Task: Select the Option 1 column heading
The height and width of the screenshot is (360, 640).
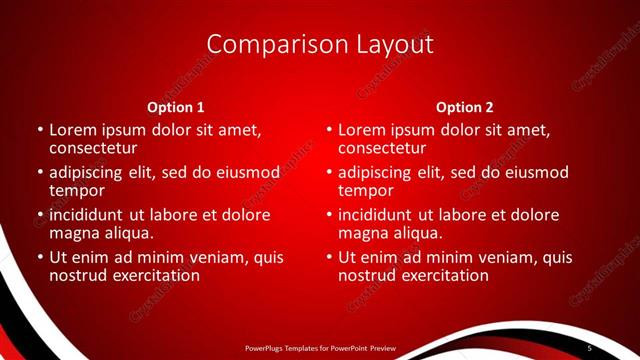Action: point(176,107)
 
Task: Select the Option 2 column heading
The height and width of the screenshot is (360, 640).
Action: point(465,107)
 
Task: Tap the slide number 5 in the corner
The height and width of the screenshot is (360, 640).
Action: point(590,347)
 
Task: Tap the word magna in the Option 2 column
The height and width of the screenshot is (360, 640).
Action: point(363,233)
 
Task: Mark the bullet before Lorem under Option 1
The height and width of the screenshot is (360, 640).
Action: point(40,130)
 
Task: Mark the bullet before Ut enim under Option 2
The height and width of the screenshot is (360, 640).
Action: point(329,257)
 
